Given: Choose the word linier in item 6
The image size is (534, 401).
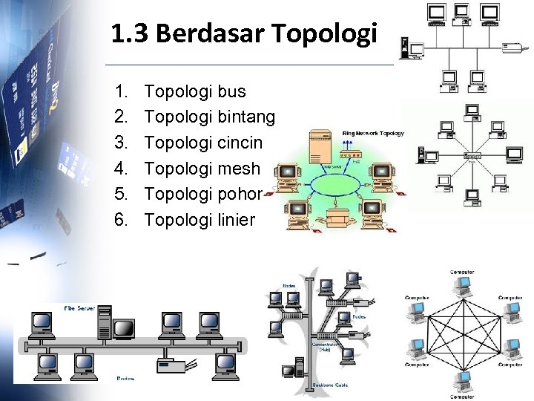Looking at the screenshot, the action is point(238,219).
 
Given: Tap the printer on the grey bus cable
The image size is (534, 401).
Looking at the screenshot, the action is point(171,365).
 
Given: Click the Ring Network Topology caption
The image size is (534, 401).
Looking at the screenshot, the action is point(373,134).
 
